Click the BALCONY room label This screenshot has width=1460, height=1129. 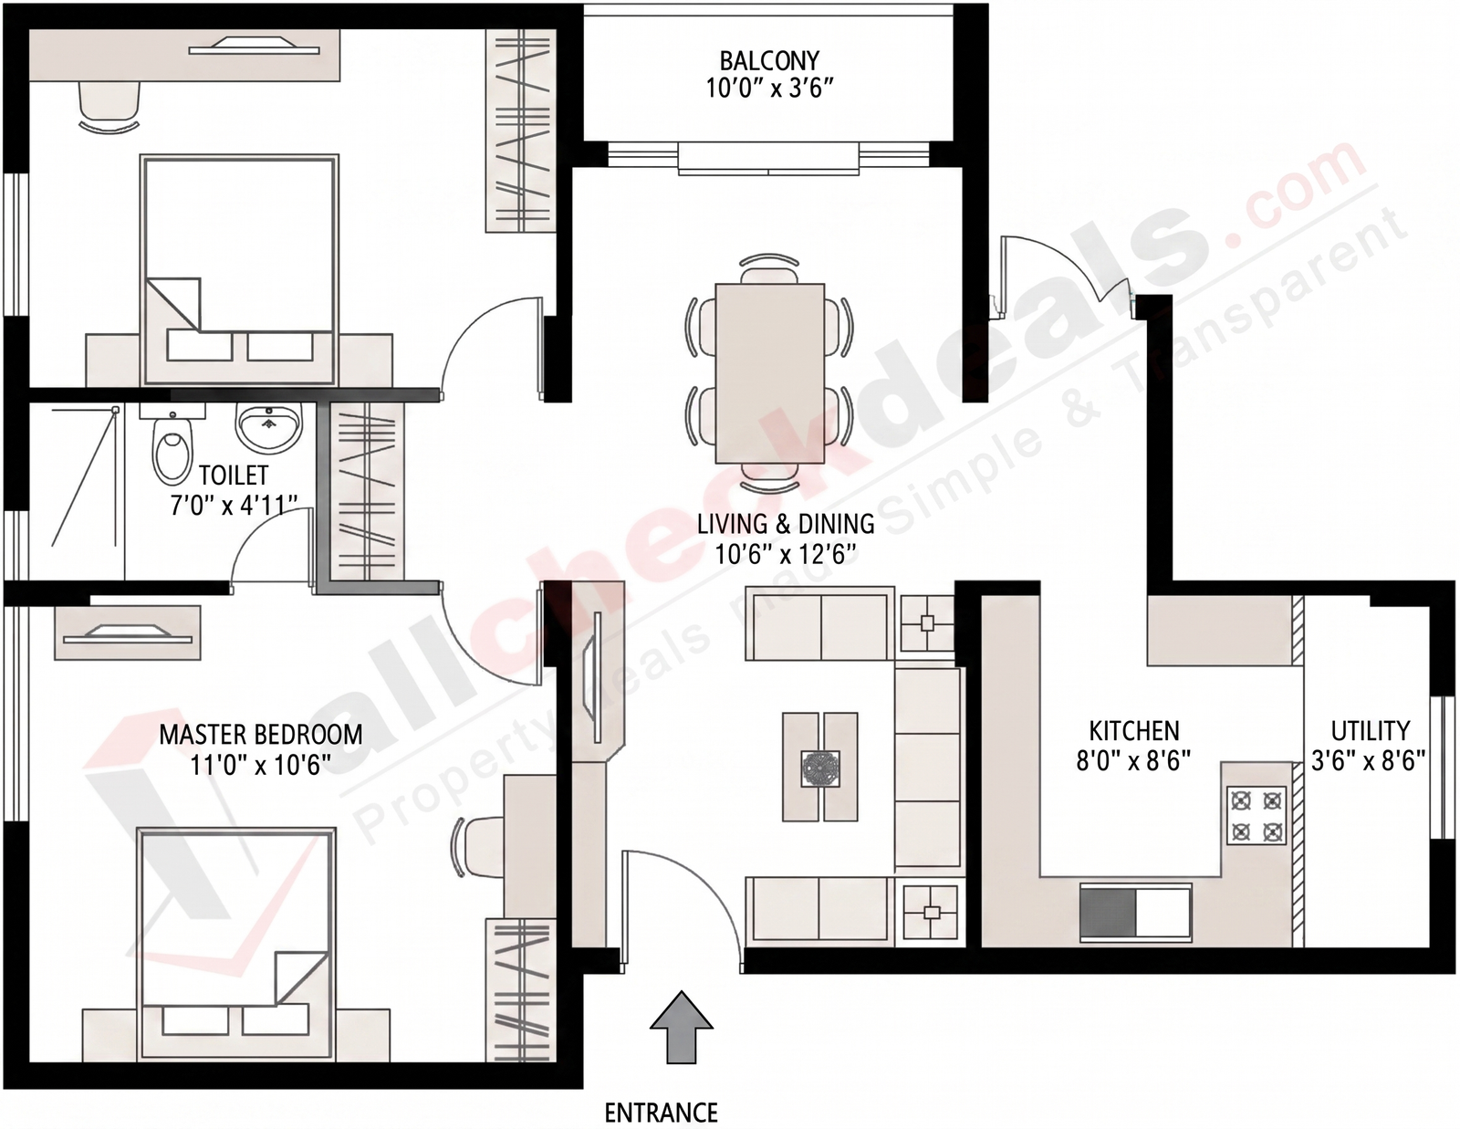point(769,61)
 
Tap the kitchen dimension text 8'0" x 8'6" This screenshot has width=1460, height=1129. point(1133,761)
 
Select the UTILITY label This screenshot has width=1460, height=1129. point(1370,730)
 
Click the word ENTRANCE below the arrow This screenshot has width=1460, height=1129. point(662,1113)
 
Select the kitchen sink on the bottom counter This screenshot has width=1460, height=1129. point(1135,912)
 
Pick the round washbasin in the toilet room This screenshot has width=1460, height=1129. point(269,427)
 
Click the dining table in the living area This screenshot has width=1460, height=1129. point(770,373)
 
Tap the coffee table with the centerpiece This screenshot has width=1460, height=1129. point(819,767)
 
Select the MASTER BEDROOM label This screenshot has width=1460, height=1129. point(261,735)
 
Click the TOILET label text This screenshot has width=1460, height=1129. point(234,476)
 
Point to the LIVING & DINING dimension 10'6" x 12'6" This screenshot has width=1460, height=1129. point(786,555)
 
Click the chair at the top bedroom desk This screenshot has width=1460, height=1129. point(109,108)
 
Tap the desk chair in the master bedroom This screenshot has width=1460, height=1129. point(478,846)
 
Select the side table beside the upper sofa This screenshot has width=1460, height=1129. point(927,623)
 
